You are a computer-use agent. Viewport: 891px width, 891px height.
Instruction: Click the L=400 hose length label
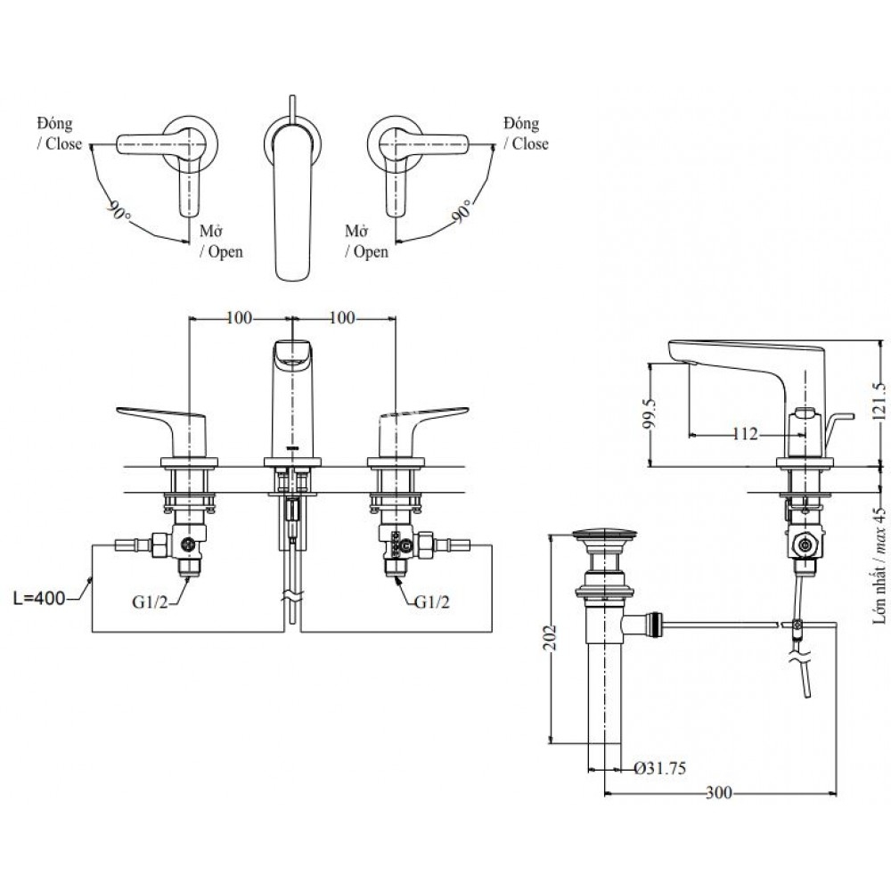(x=40, y=599)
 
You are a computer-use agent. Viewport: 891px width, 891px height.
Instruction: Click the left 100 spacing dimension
(x=239, y=317)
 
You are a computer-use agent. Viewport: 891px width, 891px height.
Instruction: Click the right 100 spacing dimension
(x=342, y=317)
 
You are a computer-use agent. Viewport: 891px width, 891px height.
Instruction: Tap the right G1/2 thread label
(x=431, y=602)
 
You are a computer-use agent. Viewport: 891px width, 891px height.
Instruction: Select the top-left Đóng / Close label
(x=61, y=133)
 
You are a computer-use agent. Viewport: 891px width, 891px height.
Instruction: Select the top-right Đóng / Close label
(x=526, y=133)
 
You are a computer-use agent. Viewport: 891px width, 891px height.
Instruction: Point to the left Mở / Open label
(x=220, y=241)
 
